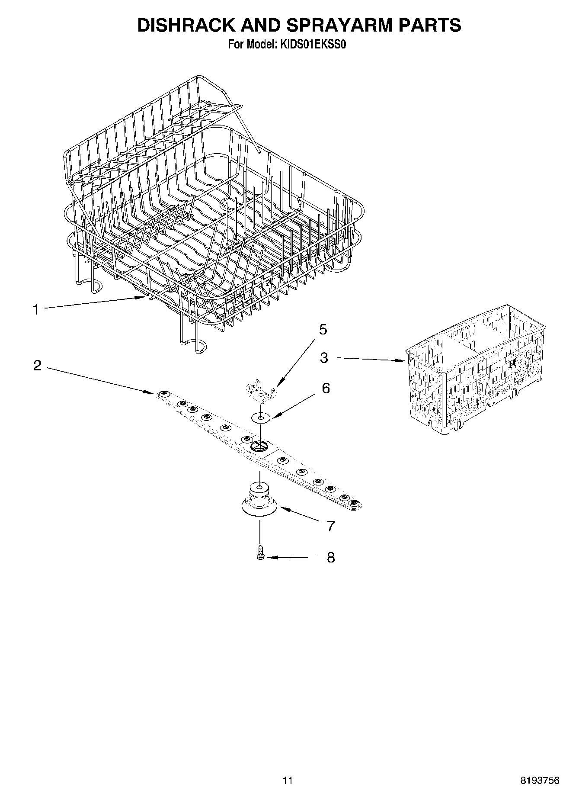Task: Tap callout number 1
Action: point(36,310)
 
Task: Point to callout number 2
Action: point(38,366)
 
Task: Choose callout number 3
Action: point(324,358)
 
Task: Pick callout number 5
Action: point(323,330)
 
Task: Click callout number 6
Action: point(325,388)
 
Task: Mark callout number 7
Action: point(330,526)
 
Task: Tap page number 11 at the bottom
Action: point(288,781)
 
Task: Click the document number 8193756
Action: point(539,781)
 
